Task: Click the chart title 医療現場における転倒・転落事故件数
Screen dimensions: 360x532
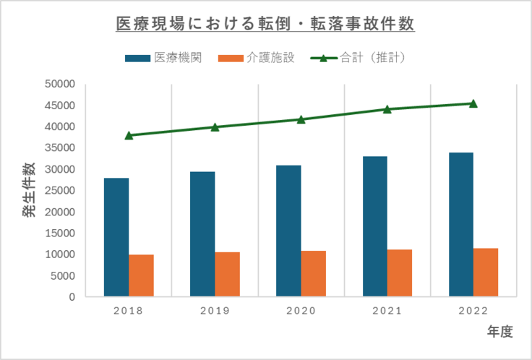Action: point(265,25)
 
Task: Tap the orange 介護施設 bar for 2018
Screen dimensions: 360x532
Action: point(141,275)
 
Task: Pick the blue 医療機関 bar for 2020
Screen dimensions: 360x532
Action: point(288,231)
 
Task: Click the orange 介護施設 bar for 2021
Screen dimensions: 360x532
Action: point(399,273)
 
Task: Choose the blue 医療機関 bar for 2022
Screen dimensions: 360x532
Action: point(460,224)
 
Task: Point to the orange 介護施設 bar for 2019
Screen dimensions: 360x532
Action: point(227,274)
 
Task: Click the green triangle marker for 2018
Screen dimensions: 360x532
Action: point(129,135)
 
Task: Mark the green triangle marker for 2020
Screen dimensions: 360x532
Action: point(301,119)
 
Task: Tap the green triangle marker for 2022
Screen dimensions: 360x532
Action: point(473,103)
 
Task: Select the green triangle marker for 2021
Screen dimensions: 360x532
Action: point(387,109)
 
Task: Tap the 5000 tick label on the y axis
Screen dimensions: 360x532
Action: point(64,276)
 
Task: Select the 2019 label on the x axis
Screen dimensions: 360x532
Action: point(215,311)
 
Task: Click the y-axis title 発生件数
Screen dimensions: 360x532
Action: point(27,190)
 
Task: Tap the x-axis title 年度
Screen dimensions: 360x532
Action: point(499,332)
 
